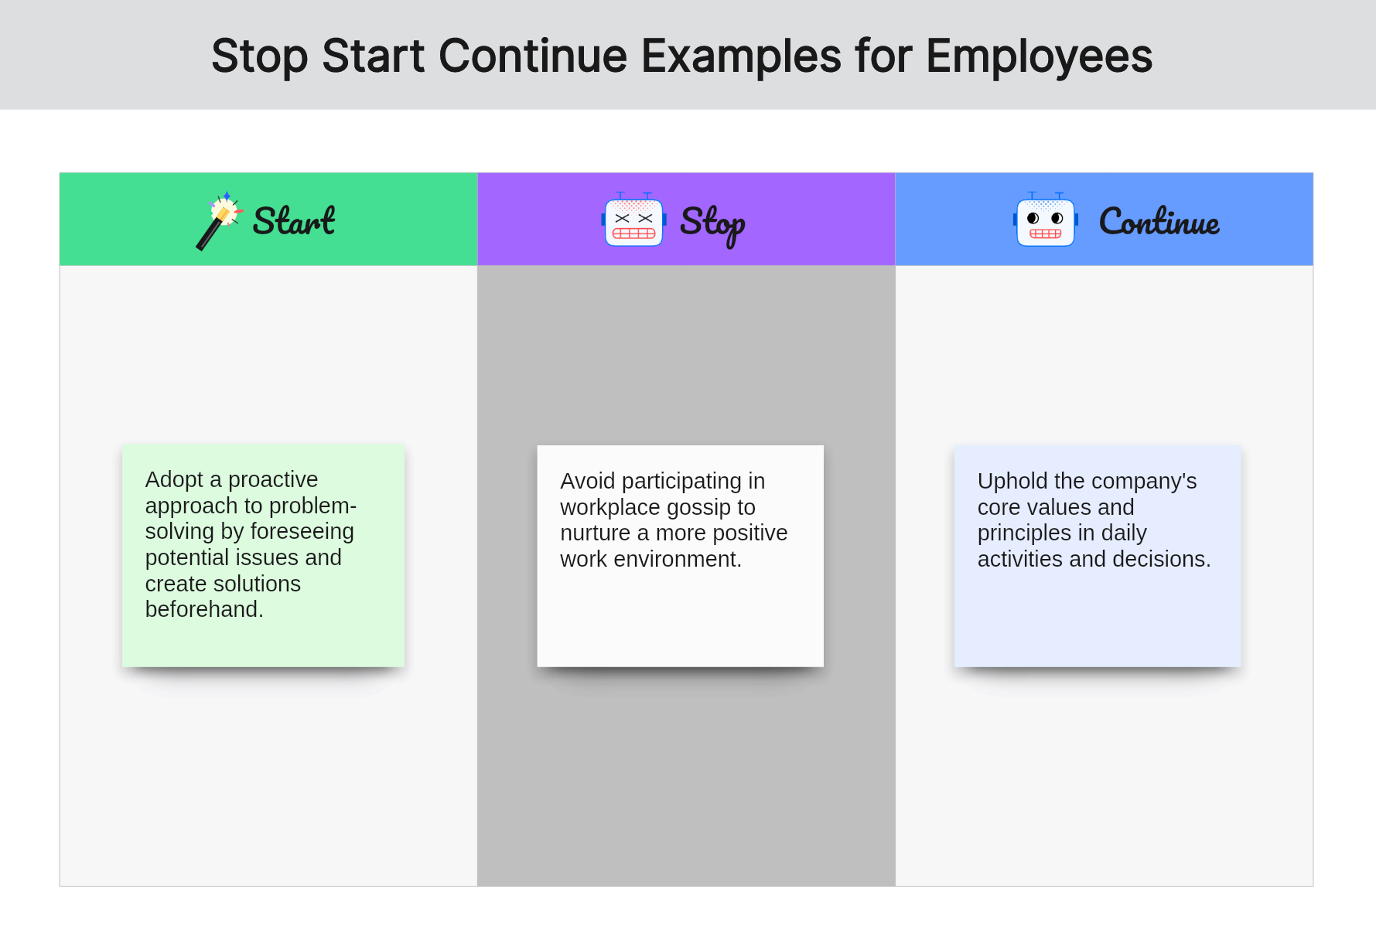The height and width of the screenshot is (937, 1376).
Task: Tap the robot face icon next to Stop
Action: pos(633,222)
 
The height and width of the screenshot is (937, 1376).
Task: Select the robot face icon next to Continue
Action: pos(1045,222)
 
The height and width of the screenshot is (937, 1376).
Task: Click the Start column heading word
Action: pos(294,222)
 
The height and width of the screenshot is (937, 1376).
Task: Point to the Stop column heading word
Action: pos(712,223)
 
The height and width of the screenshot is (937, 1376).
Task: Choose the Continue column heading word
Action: pos(1159,223)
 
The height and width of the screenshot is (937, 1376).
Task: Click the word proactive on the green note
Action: pos(273,480)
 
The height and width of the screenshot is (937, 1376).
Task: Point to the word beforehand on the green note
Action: pos(203,610)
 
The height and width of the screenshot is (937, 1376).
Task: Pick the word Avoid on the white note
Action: pos(588,482)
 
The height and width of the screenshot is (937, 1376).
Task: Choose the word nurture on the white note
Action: pos(595,533)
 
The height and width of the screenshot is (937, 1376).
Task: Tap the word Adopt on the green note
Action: pos(174,480)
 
